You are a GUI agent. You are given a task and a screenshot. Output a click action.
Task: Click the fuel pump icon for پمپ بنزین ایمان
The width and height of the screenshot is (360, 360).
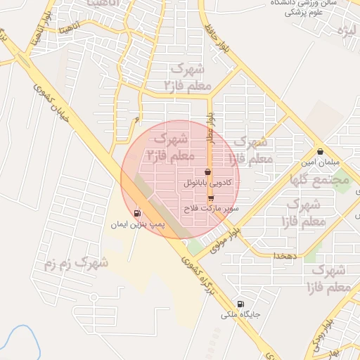[x=137, y=213]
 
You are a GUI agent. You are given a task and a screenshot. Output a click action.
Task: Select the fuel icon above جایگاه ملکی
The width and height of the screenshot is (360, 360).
[x=242, y=304]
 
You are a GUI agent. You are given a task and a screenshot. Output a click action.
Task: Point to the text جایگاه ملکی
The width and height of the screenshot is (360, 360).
[x=241, y=315]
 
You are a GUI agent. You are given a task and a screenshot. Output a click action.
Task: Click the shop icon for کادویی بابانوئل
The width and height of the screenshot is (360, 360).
[x=207, y=172]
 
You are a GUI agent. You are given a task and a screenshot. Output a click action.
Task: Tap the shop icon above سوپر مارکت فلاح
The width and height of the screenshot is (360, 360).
[x=210, y=198]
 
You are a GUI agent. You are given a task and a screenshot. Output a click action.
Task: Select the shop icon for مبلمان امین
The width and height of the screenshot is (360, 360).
[x=321, y=151]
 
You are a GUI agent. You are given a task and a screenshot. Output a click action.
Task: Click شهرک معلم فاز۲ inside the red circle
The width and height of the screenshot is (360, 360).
[x=169, y=145]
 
